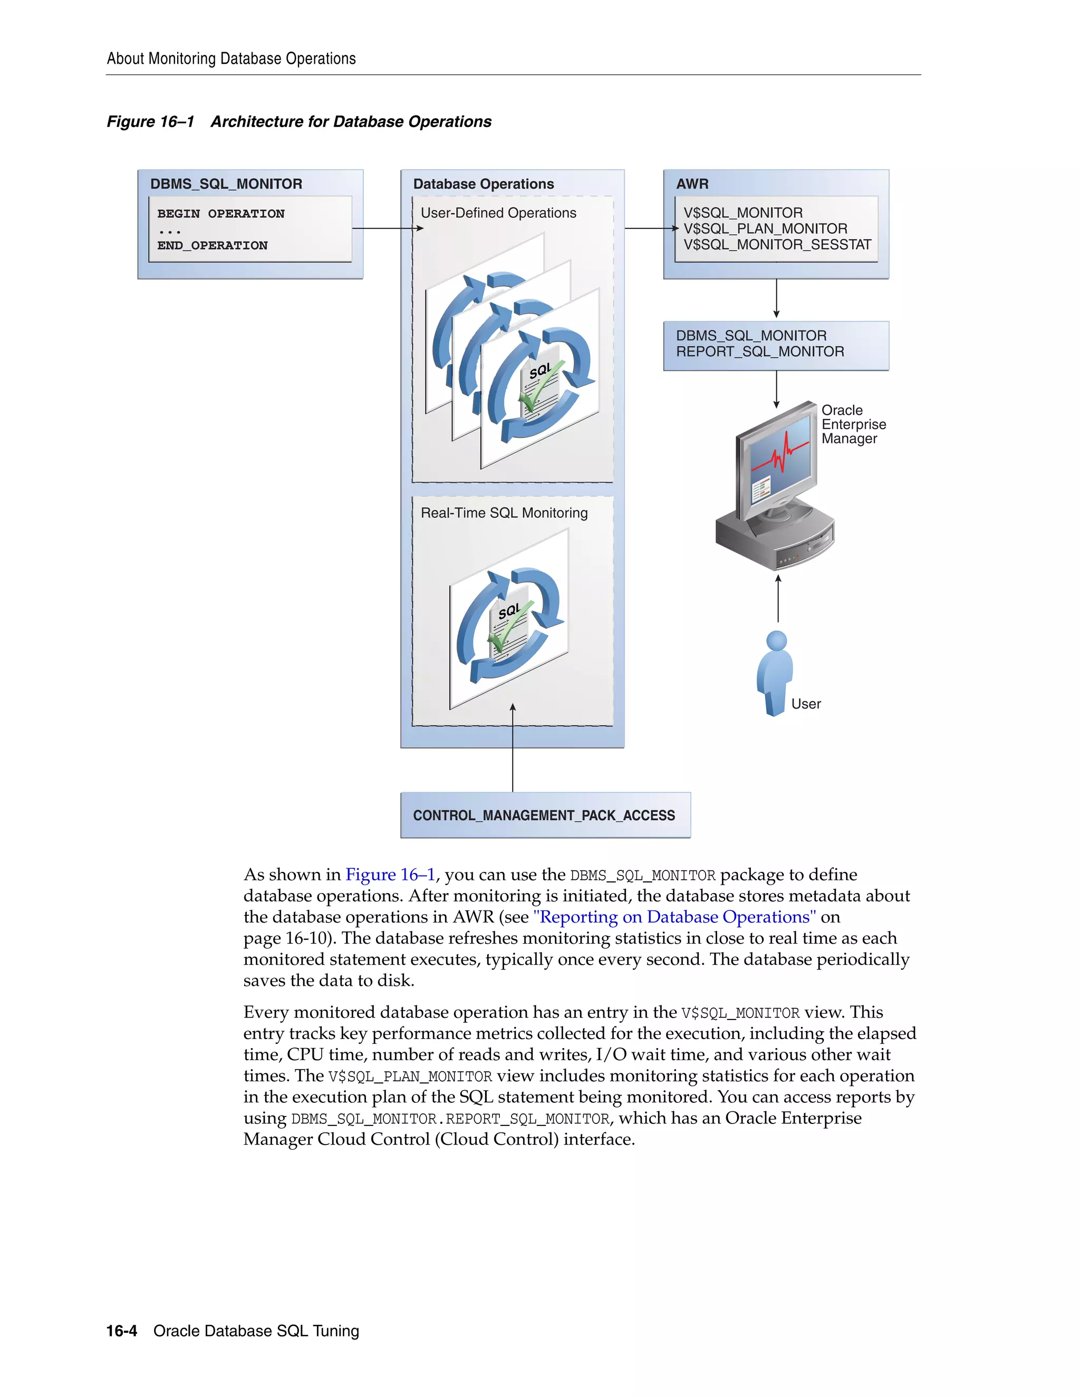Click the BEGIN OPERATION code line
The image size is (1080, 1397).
coord(221,214)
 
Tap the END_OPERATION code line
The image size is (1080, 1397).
coord(213,246)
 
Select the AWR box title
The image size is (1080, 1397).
coord(692,184)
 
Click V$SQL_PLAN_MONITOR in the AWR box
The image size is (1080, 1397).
coord(765,229)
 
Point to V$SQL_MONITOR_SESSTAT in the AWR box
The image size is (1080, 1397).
coord(777,245)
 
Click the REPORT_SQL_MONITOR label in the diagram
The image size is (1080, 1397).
coord(759,352)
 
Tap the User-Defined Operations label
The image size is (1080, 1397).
coord(498,213)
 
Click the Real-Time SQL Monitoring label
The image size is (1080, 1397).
coord(504,513)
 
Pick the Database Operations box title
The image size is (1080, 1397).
coord(483,184)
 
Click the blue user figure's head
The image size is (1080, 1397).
coord(776,641)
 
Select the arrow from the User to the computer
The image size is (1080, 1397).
coord(778,599)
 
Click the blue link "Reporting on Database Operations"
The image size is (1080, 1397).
coord(674,917)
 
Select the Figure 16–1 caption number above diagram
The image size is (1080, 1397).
coord(150,122)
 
